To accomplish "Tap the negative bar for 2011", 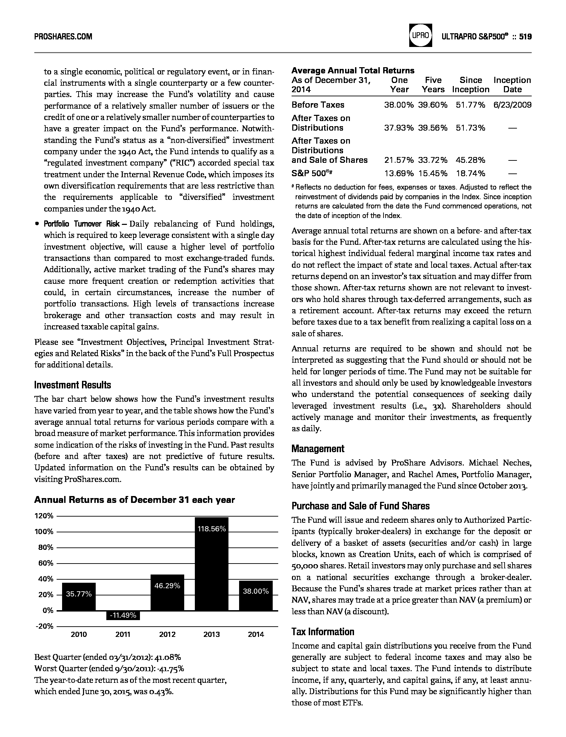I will pos(123,615).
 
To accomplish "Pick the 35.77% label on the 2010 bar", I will pos(79,594).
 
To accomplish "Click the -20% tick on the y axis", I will pos(45,626).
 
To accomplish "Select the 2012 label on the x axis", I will pos(167,634).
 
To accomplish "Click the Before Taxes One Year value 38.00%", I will pos(399,105).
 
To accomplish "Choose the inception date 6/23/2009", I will pos(512,105).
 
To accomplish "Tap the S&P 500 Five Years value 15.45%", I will pos(433,173).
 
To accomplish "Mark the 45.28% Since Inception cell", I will pos(471,160).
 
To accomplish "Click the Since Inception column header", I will pos(471,85).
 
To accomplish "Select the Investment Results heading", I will pos(73,385).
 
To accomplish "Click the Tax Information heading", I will pos(323,631).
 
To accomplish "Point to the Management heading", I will pos(318,448).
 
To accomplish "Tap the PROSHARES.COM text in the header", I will pos(63,36).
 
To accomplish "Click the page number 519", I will pos(525,36).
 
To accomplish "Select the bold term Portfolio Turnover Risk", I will pos(82,224).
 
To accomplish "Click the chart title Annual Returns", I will pos(134,500).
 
